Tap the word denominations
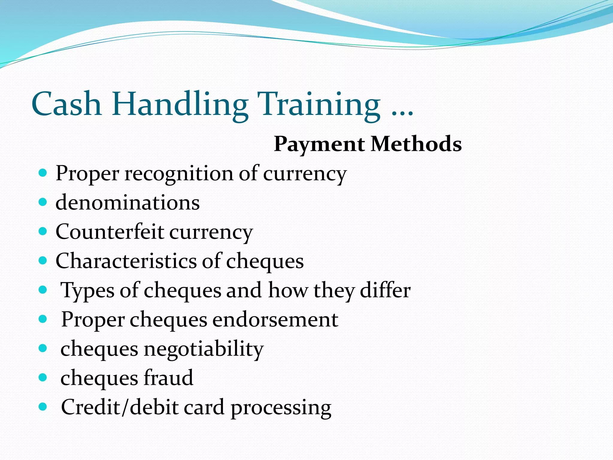pos(128,202)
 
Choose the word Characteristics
pos(126,261)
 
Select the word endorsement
pos(275,319)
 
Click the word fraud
pos(169,378)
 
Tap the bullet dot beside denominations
pos(43,202)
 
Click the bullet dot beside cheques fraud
pos(43,377)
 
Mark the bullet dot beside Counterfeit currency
pos(43,231)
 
